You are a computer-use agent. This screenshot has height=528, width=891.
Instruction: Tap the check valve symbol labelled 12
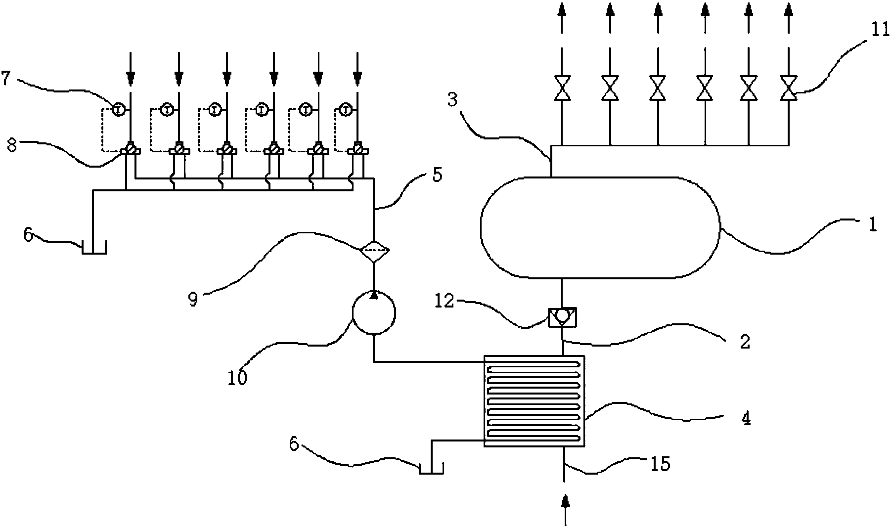coord(563,316)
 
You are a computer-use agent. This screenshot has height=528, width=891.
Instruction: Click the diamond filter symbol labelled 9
coord(374,251)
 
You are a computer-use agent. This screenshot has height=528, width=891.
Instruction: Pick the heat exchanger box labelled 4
coord(534,401)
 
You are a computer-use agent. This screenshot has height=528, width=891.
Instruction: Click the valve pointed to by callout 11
coord(788,88)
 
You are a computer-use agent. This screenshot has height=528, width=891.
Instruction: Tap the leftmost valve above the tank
coord(562,88)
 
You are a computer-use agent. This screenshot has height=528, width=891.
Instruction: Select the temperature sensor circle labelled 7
coord(118,109)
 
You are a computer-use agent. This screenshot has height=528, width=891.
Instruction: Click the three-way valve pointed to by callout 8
coord(130,148)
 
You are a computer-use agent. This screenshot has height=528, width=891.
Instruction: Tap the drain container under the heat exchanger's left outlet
coord(431,468)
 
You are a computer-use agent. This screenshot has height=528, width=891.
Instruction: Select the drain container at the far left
coord(93,247)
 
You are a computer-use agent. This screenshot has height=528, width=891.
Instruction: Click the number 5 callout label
coord(437,175)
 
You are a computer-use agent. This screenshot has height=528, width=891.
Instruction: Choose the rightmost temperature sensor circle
coord(347,109)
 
